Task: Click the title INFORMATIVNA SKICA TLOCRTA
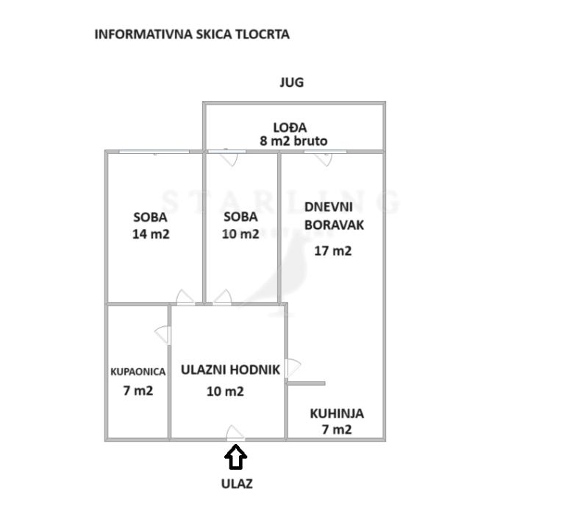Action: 192,34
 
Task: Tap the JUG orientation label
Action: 291,82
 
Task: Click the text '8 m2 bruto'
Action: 293,141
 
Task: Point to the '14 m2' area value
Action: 150,234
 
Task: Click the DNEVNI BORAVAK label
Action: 334,216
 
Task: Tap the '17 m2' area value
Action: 332,250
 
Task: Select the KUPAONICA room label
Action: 138,372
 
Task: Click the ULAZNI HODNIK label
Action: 230,370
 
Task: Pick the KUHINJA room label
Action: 336,414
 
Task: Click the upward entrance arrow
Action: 235,458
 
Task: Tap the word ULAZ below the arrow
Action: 237,484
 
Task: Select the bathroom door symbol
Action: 163,335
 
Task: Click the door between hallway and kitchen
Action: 292,367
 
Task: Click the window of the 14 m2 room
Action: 154,152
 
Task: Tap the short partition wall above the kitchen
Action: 306,383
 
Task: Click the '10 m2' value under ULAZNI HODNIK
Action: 225,392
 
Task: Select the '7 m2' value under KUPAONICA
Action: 138,390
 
